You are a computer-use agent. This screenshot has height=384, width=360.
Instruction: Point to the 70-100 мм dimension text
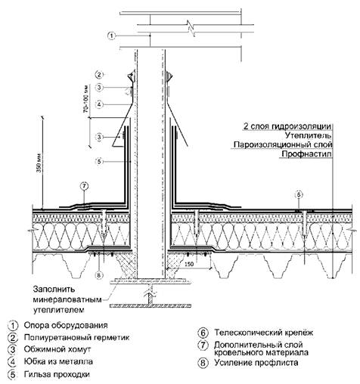[x=87, y=99]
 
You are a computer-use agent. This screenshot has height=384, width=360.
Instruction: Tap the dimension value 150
[x=189, y=264]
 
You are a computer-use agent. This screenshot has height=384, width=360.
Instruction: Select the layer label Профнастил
[x=306, y=154]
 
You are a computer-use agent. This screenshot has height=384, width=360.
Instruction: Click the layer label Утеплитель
[x=309, y=135]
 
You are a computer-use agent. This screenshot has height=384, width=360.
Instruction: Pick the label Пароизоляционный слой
[x=283, y=145]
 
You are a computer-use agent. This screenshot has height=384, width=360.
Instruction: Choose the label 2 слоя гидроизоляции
[x=287, y=126]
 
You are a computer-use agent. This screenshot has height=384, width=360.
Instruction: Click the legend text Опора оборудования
[x=66, y=326]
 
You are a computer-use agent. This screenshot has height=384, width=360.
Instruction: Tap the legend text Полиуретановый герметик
[x=76, y=337]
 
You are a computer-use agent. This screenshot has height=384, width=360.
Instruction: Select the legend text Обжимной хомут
[x=57, y=349]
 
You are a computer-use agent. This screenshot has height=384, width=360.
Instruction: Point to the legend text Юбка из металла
[x=58, y=362]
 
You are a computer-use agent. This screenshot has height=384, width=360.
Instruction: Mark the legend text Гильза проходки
[x=57, y=374]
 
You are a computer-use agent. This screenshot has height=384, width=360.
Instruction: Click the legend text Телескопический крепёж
[x=264, y=333]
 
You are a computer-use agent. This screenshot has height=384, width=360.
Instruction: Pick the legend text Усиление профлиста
[x=256, y=363]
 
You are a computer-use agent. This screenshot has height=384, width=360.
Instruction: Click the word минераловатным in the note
[x=67, y=300]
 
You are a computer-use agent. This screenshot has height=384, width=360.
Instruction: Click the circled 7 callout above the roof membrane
[x=84, y=187]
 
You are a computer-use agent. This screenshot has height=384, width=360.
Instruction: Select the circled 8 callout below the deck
[x=99, y=275]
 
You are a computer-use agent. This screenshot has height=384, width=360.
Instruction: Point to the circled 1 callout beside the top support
[x=111, y=36]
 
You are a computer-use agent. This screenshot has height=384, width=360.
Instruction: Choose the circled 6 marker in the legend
[x=203, y=333]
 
